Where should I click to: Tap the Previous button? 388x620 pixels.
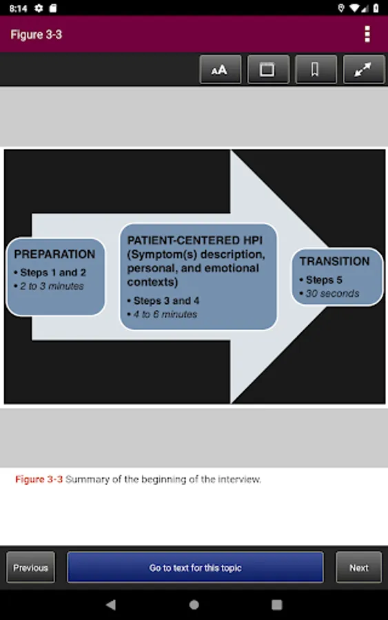30,568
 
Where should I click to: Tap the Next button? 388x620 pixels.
359,568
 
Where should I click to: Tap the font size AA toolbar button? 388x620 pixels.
220,70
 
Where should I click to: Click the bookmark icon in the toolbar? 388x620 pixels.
316,70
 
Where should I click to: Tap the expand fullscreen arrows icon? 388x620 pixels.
363,70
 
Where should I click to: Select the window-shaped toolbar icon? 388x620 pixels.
268,70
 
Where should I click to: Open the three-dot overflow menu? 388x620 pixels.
367,34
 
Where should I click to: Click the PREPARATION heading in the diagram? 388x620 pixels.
54,254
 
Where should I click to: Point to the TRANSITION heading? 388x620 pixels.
334,261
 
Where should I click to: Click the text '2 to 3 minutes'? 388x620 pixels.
52,287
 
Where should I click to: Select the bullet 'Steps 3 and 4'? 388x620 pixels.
166,301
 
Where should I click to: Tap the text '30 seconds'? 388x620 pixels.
332,293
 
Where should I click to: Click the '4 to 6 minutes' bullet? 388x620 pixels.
165,314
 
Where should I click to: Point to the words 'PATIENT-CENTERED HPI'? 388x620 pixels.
194,240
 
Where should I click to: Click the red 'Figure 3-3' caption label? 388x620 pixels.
39,479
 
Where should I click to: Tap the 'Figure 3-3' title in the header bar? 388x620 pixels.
36,35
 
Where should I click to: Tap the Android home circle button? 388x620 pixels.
194,605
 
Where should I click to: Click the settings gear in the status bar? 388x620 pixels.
39,8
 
